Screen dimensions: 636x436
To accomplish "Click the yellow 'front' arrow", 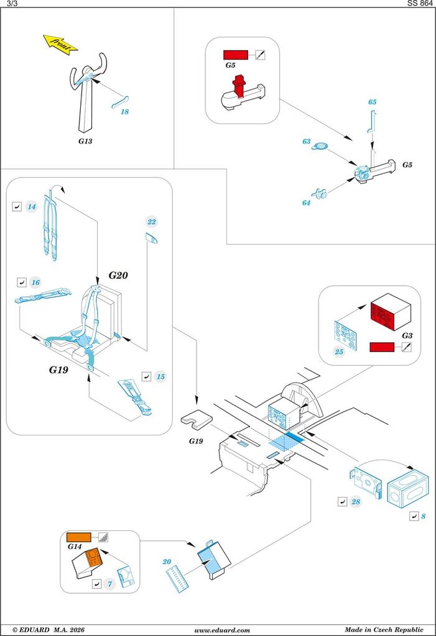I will pos(60,44).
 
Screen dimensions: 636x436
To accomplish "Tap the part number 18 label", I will pos(124,112).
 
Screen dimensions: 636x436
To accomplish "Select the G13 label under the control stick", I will pos(85,141).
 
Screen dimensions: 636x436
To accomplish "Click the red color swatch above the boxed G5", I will pos(236,54).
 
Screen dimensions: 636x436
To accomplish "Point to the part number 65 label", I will pos(372,102).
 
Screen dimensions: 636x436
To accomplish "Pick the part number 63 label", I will pos(307,142).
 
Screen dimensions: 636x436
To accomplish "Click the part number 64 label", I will pos(306,202).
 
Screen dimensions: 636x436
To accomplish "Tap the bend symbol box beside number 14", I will pos(17,206).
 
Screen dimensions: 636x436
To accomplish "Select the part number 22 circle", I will pos(152,222).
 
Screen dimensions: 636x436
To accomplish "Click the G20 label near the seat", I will pos(118,275).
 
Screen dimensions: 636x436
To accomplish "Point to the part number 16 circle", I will pos(35,283).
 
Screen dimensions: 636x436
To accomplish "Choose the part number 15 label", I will pos(160,376).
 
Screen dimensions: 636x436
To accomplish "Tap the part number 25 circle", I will pos(339,352).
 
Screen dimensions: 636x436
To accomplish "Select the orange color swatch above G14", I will pos(78,538).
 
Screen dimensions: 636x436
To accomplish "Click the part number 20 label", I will pos(167,561).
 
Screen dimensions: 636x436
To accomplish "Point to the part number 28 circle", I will pos(356,502).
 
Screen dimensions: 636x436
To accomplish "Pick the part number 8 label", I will pos(424,516).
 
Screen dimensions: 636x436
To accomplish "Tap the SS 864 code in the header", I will pos(420,4).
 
